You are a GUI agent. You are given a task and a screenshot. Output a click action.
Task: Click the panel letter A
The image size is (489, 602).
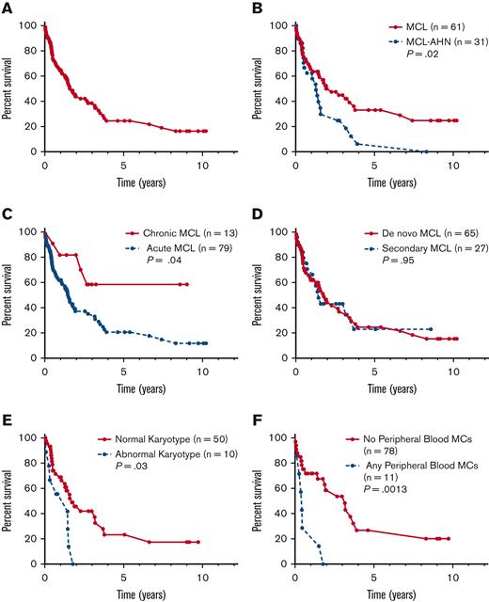[8, 8]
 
